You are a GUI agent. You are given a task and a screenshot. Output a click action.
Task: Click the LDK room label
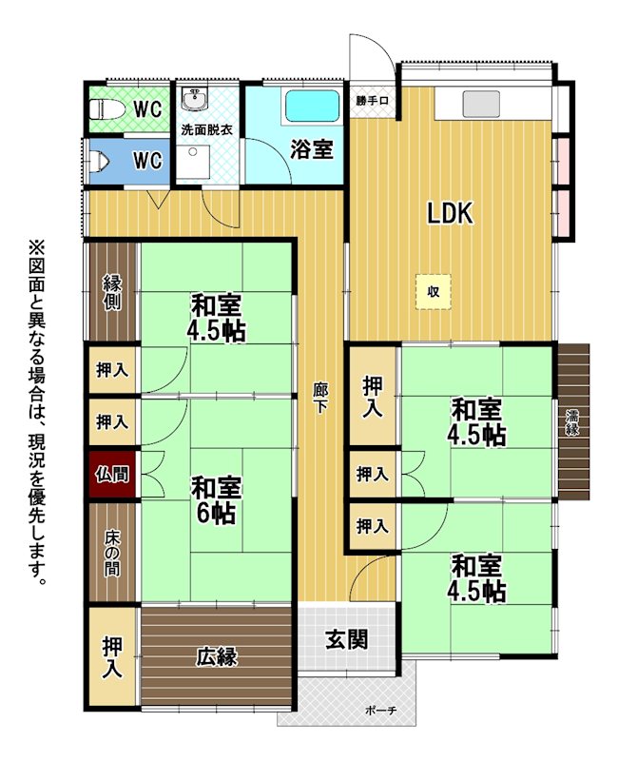450,212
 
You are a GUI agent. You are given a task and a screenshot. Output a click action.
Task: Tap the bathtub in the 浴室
312,107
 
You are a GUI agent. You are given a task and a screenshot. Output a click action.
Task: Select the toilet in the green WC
103,109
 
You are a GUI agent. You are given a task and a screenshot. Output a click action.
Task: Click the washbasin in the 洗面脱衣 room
195,100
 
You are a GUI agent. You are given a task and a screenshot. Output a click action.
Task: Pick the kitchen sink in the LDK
481,105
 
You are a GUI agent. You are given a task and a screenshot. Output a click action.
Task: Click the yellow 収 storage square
434,291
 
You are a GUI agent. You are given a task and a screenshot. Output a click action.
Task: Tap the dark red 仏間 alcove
112,474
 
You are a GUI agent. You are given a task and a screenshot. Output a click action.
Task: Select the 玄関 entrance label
346,639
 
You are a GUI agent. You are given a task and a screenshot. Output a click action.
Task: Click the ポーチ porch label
381,711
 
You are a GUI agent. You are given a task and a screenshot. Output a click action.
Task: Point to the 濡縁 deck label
572,421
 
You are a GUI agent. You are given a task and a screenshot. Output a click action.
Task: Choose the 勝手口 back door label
372,101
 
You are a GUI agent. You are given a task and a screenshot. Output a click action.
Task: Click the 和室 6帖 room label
216,500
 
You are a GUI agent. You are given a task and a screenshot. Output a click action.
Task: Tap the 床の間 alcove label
112,555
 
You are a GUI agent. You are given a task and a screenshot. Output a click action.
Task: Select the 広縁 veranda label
217,657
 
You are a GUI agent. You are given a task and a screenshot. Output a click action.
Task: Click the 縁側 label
112,293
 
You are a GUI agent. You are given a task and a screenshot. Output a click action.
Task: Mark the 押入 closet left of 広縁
112,656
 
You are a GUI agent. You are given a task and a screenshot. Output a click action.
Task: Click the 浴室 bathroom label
312,149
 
